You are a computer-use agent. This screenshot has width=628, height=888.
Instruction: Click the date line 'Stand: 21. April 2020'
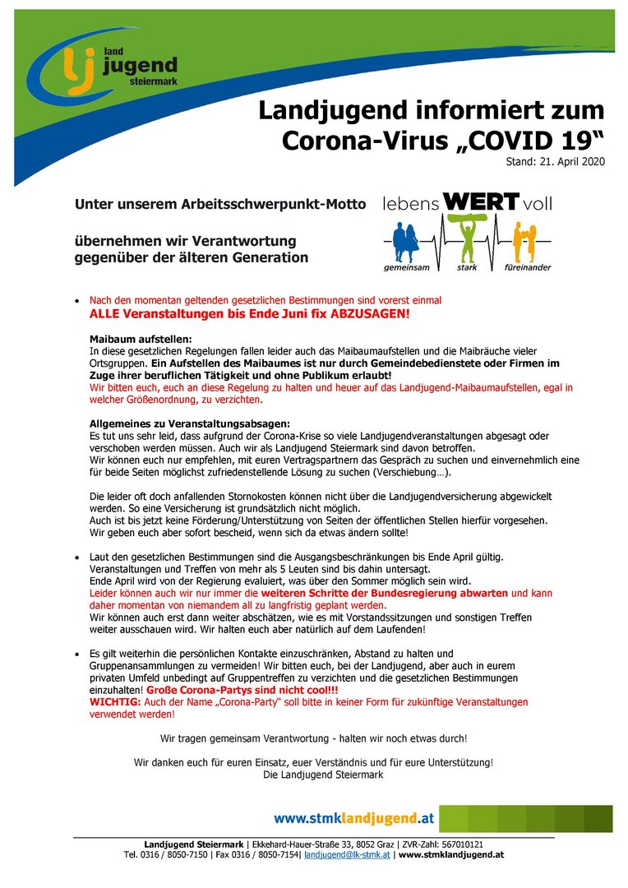point(555,162)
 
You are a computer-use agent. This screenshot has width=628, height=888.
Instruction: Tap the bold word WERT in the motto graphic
point(481,201)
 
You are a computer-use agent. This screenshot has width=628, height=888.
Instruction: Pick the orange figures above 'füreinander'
point(521,241)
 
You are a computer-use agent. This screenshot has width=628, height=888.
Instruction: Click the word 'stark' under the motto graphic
point(467,268)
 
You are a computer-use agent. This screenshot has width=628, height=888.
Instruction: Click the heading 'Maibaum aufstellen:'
point(140,340)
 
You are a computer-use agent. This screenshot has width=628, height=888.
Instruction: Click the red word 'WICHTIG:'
point(115,703)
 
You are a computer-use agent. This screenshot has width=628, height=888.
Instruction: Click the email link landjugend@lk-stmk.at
point(346,855)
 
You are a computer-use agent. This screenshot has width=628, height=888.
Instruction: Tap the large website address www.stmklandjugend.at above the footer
point(353,819)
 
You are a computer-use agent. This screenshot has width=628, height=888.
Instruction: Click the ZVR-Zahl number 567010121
point(462,844)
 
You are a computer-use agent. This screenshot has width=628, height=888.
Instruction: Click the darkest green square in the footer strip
point(598,819)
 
